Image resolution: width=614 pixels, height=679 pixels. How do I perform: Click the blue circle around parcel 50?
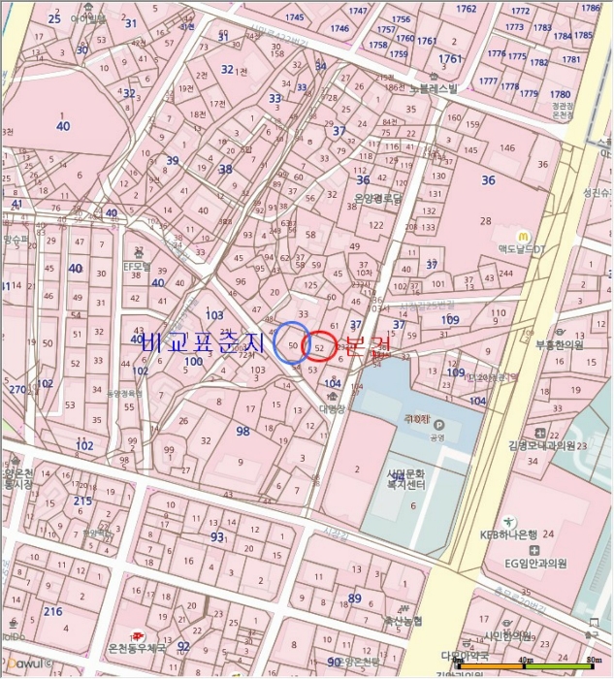291,343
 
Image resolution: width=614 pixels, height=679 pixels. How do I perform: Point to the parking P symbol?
437,425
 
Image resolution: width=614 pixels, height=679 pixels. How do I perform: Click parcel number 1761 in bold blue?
450,59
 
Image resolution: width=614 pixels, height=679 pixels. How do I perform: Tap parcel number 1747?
358,11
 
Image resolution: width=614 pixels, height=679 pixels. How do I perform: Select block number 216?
52,612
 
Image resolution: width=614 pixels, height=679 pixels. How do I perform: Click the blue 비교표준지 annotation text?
203,343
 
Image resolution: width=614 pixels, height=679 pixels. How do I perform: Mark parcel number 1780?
560,95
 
